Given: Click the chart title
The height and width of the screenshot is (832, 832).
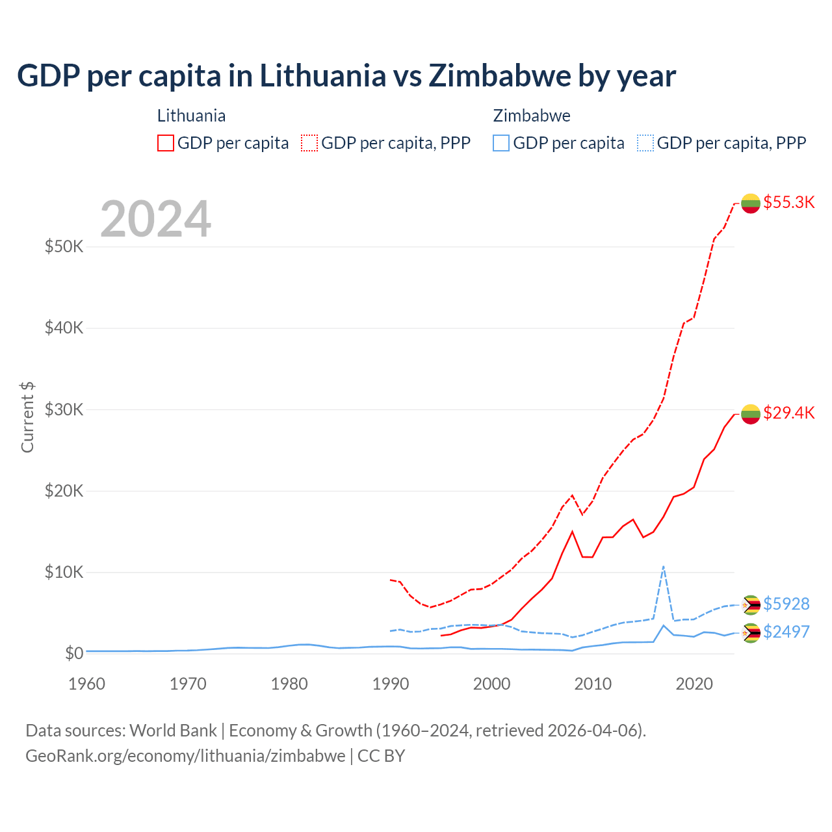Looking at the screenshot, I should [346, 75].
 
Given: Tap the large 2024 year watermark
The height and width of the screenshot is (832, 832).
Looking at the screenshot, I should [155, 219].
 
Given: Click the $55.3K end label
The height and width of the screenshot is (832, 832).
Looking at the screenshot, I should [788, 202].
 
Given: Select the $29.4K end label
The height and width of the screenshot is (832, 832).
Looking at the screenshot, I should [788, 413].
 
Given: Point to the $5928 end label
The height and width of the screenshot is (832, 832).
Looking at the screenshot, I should [786, 604].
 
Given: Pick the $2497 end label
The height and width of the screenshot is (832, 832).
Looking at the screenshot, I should [786, 632].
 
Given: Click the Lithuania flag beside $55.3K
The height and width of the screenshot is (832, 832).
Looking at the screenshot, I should [751, 203].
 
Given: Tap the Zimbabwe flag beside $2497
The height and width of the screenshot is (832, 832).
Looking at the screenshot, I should [751, 632].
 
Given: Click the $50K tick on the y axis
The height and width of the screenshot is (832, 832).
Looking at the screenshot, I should [64, 247].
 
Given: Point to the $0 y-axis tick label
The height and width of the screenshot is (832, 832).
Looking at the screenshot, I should [74, 653].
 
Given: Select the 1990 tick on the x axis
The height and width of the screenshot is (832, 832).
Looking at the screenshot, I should [391, 684].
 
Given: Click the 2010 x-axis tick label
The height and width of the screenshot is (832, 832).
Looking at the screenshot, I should [593, 684].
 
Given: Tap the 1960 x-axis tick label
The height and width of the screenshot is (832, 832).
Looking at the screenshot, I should [87, 684].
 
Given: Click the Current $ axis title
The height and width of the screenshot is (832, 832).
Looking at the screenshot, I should [27, 417].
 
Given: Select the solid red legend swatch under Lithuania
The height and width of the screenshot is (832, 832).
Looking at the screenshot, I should [166, 143].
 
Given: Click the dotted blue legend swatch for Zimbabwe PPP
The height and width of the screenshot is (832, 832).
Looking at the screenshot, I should [645, 143].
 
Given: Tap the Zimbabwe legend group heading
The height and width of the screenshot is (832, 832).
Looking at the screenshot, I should [532, 116].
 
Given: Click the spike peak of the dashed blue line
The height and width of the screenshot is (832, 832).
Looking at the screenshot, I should [663, 566].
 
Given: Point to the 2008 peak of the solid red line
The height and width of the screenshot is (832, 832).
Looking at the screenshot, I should [572, 532].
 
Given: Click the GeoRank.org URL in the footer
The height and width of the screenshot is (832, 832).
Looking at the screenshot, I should [185, 756].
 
